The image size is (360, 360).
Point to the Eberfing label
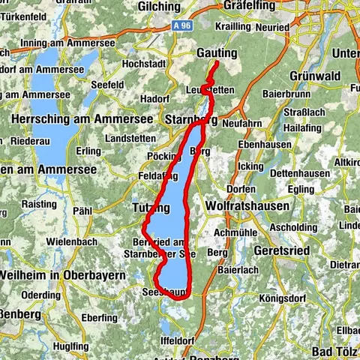pos(97,317)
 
